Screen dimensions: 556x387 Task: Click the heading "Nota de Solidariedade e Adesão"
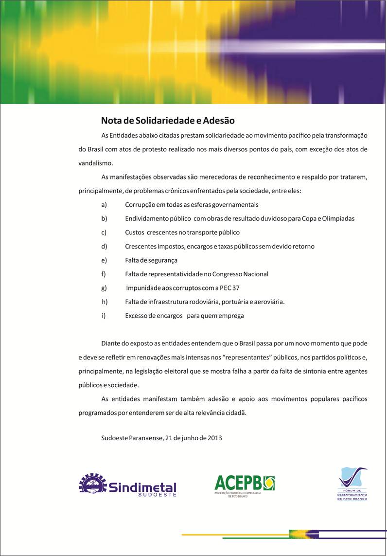pos(168,120)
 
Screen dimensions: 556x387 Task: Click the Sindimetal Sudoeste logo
pos(127,484)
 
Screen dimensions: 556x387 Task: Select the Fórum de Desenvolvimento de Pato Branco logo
pos(353,484)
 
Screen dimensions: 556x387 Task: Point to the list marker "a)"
pos(104,205)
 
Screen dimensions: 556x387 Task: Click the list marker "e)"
pos(104,260)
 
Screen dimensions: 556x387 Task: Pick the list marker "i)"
pos(104,316)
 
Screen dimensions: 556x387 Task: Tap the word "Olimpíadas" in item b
pos(338,218)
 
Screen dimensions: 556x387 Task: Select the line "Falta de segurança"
pos(151,260)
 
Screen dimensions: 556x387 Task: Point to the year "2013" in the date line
pos(214,438)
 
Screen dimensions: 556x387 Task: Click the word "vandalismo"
pos(95,163)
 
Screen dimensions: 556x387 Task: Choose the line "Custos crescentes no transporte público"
pos(182,233)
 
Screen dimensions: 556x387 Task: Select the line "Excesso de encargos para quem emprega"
pos(184,316)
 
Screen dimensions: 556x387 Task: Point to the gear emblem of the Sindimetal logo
pos(93,484)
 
